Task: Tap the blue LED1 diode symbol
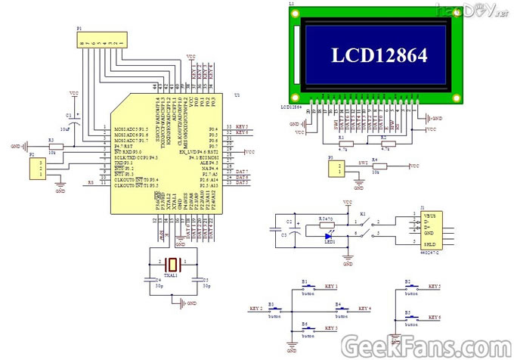[x=330, y=234]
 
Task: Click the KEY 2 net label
[x=255, y=309]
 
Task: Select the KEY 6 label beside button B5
[x=434, y=318]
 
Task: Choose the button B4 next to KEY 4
[x=339, y=309]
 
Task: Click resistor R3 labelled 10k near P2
[x=52, y=147]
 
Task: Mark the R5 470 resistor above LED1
[x=326, y=223]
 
